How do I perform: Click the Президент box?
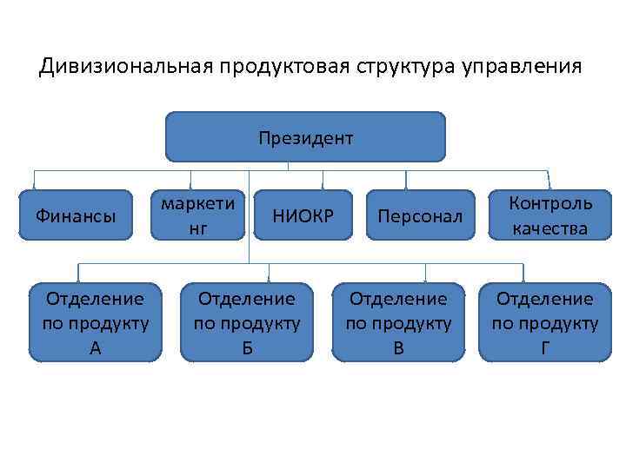[305, 137]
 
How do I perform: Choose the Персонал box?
[421, 215]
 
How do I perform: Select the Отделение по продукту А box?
[95, 322]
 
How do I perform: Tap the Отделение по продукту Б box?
[246, 322]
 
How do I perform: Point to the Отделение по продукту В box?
[398, 322]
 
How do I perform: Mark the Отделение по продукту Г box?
[544, 322]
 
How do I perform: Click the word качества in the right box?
[550, 229]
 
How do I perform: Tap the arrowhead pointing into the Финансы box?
[34, 185]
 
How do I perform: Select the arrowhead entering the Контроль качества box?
[547, 185]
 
